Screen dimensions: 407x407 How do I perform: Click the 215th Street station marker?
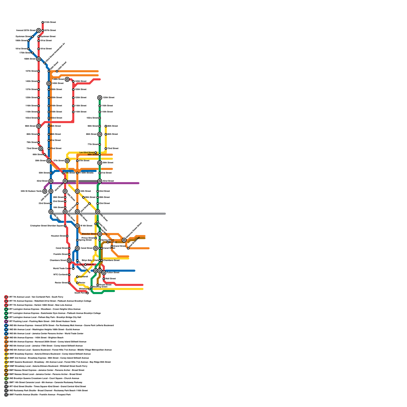tap(43, 22)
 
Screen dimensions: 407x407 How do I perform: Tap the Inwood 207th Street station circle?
tap(39, 31)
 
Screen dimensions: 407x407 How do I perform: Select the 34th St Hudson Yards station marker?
tap(45, 191)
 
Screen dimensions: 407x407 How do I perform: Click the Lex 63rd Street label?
tap(87, 153)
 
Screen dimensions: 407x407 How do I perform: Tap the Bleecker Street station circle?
tap(100, 234)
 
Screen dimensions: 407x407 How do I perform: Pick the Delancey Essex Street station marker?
tap(124, 240)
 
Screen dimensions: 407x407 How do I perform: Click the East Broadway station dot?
tap(128, 248)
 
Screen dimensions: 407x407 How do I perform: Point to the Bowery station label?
tap(113, 242)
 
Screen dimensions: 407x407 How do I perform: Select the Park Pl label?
tap(90, 265)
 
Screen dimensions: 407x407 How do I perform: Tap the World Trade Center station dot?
tap(73, 269)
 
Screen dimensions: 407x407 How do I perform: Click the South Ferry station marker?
tap(88, 293)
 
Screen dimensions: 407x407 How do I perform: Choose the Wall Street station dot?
tap(104, 279)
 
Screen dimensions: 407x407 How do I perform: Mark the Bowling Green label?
tap(100, 287)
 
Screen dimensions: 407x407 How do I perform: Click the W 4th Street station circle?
tap(77, 226)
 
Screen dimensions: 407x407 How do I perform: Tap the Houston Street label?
tap(58, 236)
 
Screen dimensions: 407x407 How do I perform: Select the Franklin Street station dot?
tap(69, 254)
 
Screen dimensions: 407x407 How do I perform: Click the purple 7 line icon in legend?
tap(6, 322)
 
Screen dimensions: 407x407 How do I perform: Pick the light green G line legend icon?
tap(6, 379)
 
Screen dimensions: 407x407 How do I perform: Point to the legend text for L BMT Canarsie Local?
tap(46, 383)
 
